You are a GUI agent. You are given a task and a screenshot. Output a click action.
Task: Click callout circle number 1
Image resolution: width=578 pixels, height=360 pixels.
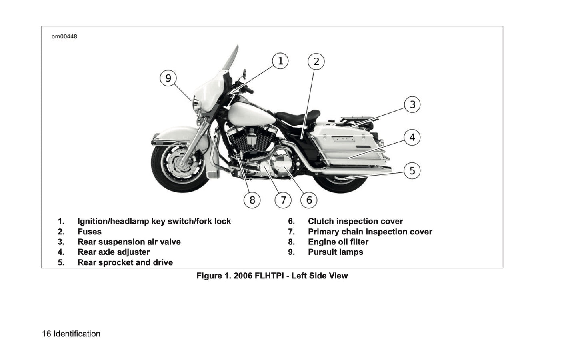pos(280,61)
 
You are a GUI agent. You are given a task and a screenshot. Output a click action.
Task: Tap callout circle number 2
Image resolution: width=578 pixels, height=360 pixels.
pos(316,62)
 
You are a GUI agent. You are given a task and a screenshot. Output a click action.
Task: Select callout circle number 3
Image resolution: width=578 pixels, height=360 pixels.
pos(412,105)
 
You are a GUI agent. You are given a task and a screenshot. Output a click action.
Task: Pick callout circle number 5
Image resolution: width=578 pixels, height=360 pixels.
pos(412,171)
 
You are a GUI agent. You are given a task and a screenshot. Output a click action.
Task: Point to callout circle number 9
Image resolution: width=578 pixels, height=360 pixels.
pos(168,78)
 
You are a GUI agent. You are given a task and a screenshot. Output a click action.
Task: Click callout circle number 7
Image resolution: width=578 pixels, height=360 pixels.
pos(283,200)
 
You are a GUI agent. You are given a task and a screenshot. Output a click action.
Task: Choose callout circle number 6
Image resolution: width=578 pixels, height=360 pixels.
pos(309,200)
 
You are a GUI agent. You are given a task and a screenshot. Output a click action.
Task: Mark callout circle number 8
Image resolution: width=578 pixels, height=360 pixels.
pos(252,200)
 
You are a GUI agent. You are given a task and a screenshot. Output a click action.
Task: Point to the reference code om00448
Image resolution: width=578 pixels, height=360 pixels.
pos(64,36)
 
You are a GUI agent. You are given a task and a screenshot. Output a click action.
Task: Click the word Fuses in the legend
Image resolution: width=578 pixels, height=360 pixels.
pos(90,232)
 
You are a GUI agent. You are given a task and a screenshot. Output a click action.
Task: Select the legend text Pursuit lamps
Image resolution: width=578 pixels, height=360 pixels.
pos(335,252)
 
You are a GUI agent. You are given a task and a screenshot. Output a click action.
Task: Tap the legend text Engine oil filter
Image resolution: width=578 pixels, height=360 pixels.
pos(338,242)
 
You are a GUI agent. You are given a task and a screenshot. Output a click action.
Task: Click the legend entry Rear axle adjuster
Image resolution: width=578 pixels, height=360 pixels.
pos(114,252)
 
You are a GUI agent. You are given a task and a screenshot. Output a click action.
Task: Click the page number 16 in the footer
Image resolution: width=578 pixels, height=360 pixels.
pos(46,334)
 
